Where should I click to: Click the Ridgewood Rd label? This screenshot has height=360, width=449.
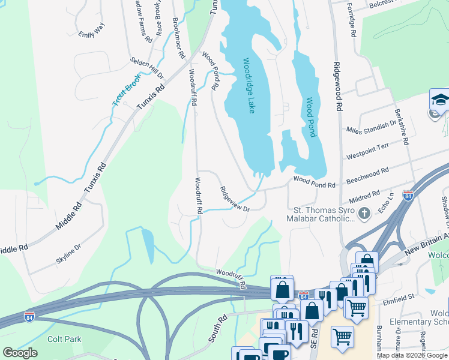point(339,86)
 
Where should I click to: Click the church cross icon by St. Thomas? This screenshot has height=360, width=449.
point(363,213)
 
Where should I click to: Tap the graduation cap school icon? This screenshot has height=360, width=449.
point(439,100)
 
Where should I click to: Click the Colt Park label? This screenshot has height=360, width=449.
point(64,339)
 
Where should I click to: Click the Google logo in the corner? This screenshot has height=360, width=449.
point(20,353)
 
